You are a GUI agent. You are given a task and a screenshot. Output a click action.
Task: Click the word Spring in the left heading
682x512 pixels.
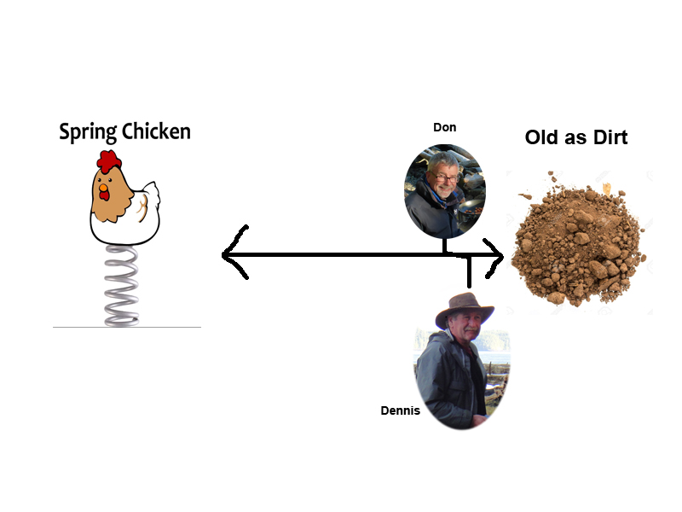click(x=87, y=132)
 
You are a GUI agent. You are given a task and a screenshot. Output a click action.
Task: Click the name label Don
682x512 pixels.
click(x=444, y=127)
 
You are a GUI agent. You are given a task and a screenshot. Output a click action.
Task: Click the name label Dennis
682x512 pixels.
click(x=400, y=410)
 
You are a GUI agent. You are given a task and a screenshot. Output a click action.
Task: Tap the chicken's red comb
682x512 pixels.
click(x=108, y=160)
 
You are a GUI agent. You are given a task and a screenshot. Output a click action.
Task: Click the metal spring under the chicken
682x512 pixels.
click(x=122, y=285)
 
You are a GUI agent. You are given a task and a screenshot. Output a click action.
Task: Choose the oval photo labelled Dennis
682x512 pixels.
click(x=460, y=363)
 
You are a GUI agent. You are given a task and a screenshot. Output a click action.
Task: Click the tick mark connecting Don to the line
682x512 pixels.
click(x=444, y=245)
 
